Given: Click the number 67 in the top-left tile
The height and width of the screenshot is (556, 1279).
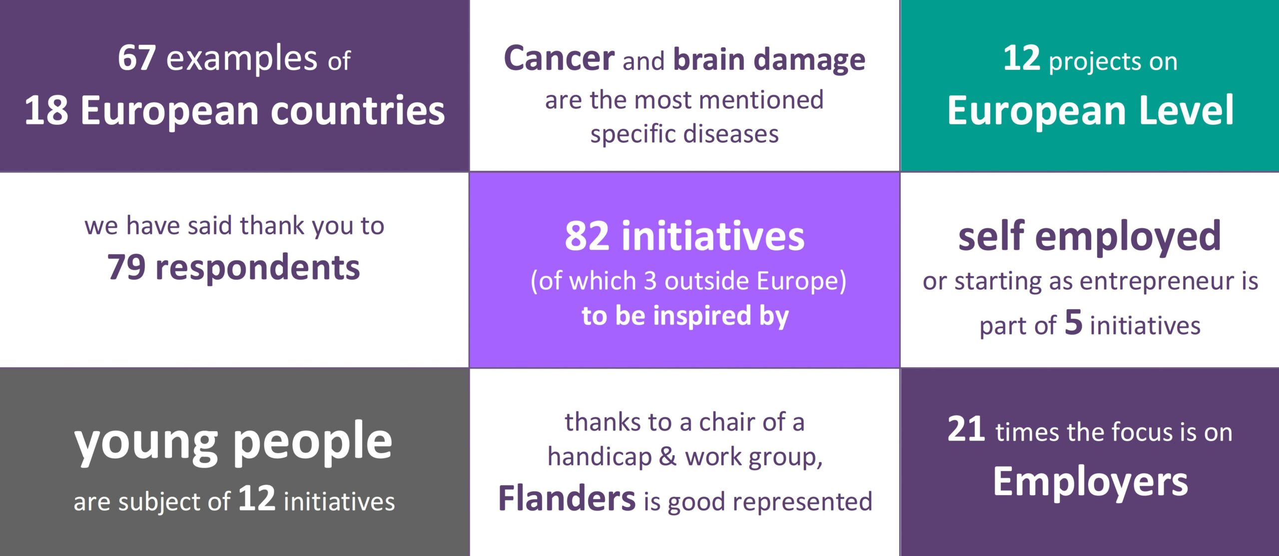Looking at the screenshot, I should (x=136, y=58).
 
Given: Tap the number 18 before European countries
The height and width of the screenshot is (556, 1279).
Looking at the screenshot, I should (x=46, y=110).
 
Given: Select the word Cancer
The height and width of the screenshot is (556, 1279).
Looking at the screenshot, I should (x=559, y=58).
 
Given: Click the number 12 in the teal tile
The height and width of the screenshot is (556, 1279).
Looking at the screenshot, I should (x=1021, y=58).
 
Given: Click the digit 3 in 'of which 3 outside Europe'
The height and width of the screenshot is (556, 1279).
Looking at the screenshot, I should (x=649, y=281).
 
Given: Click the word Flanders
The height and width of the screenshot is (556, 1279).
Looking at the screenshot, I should (x=567, y=499).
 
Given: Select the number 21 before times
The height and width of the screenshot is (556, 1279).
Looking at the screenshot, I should (x=966, y=430).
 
